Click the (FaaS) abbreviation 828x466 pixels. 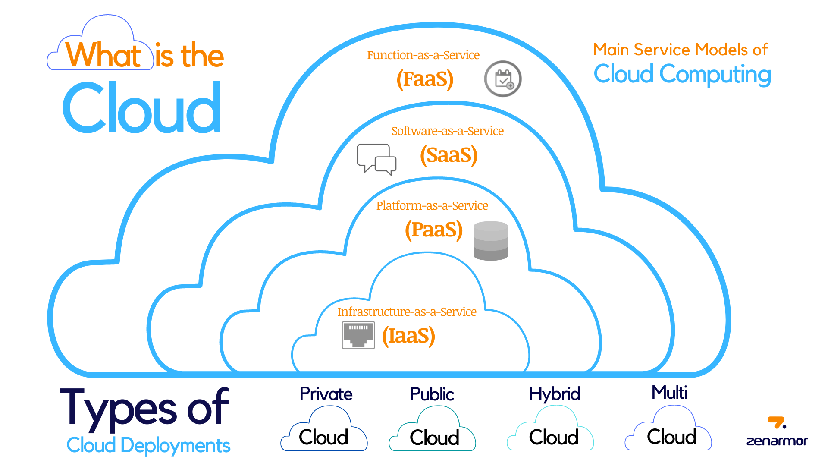425,79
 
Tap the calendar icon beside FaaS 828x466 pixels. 503,79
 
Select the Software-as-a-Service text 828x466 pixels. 447,131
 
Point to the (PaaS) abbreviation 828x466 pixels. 433,230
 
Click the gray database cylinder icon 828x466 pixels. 491,241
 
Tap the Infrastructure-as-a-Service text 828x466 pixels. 407,312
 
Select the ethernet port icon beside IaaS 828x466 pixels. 358,335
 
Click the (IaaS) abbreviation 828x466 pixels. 408,336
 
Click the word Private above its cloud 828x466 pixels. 326,394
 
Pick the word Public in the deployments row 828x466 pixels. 432,394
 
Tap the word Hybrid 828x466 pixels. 554,394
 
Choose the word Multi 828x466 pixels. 669,393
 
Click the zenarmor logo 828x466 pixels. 777,431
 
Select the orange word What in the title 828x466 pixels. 103,55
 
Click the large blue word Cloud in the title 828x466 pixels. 142,108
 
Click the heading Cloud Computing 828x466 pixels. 682,74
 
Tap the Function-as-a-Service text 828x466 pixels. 423,55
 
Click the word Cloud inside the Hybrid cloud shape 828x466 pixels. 553,438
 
